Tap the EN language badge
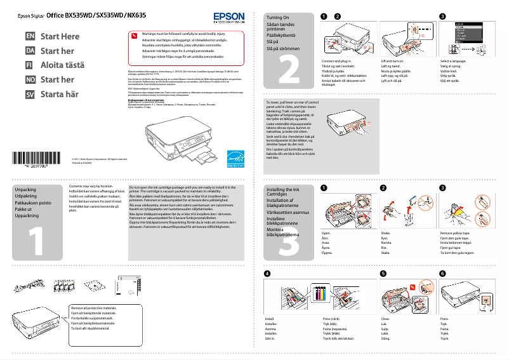coord(29,36)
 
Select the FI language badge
coord(29,65)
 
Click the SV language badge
coord(29,95)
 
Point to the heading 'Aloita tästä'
coord(62,65)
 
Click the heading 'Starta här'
coord(60,95)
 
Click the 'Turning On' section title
coord(278,18)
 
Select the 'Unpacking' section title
coord(25,190)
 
